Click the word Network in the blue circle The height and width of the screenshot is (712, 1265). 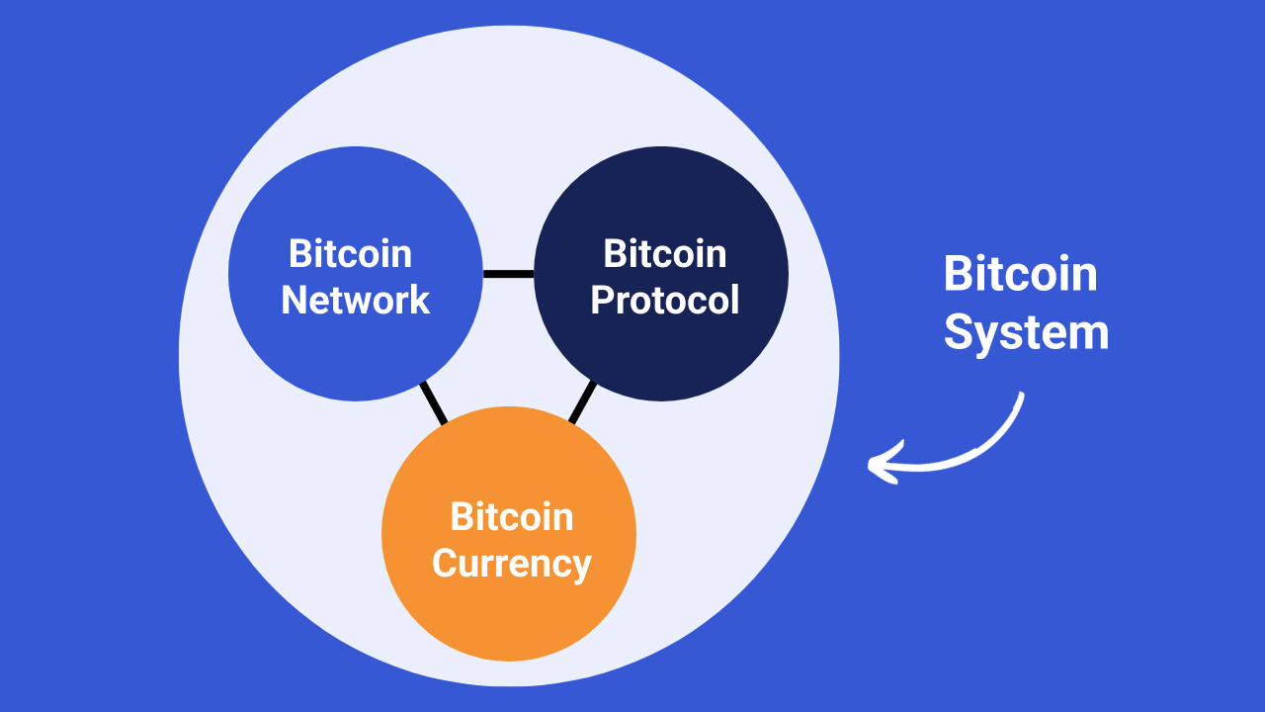tap(355, 300)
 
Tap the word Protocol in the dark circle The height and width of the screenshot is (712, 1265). tap(664, 300)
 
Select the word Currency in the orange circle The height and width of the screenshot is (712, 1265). tap(511, 563)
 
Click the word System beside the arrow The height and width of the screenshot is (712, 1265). tap(1026, 332)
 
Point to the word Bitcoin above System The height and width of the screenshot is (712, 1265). tap(1020, 273)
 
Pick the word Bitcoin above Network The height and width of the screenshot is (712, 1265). tap(350, 254)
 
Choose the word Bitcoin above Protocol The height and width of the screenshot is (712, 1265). tap(664, 254)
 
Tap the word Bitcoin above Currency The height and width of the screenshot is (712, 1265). tap(511, 516)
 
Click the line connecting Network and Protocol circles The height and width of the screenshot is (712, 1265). tap(508, 274)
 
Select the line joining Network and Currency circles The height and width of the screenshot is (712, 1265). tap(433, 402)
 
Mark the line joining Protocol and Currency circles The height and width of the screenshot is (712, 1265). tap(582, 402)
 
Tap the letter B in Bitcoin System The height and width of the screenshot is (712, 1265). tap(957, 273)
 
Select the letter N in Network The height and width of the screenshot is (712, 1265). tap(294, 300)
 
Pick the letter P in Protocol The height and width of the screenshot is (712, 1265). tap(601, 300)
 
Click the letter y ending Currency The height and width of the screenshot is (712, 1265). tap(582, 567)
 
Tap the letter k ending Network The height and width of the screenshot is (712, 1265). tap(421, 300)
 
